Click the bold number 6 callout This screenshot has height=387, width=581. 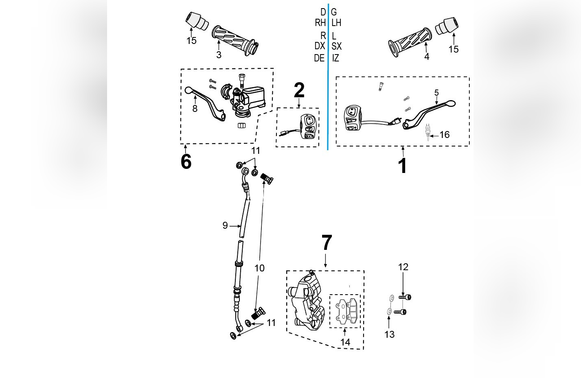[186, 162]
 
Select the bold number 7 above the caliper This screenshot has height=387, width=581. [327, 243]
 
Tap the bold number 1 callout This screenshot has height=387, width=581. [402, 166]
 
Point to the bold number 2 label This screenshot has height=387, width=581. [299, 90]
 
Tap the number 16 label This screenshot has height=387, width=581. [445, 135]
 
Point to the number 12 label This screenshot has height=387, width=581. [403, 267]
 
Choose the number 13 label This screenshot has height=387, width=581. [390, 334]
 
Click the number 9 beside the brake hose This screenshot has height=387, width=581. [225, 225]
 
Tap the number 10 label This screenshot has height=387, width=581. [259, 268]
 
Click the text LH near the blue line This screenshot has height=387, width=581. [336, 23]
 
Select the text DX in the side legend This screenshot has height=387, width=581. [320, 46]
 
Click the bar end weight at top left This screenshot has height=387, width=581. [197, 21]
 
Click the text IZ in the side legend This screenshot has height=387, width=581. [335, 58]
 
